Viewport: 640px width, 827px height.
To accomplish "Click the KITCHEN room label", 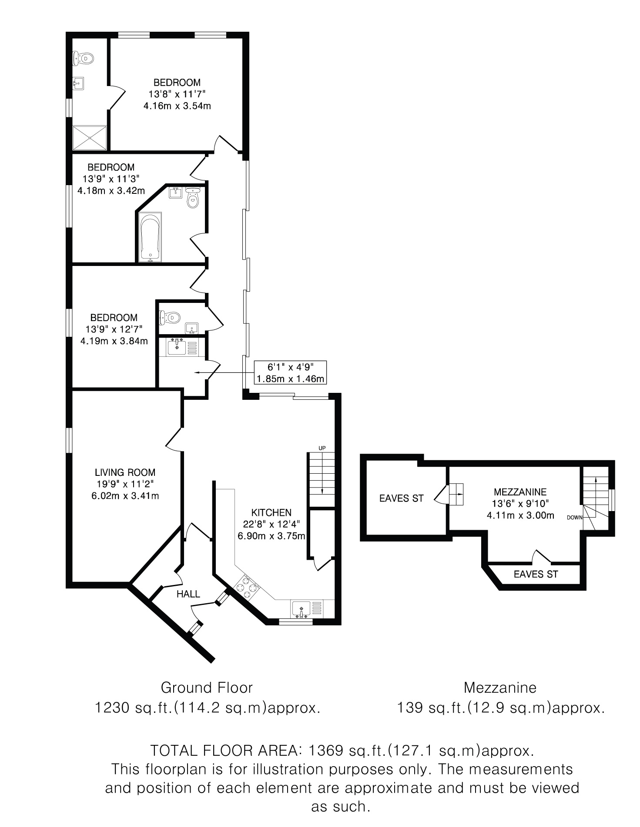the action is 271,512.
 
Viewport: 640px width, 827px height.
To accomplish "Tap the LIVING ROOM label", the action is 125,472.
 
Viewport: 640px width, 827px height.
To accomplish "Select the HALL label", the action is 188,594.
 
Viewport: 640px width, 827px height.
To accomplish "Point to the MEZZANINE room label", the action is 520,492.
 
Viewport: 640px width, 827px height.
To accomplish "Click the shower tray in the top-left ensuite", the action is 90,137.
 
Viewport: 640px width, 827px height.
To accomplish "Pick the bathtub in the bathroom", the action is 150,237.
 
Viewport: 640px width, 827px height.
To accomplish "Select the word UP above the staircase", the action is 322,448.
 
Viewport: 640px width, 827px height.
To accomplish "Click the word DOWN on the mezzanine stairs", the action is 574,518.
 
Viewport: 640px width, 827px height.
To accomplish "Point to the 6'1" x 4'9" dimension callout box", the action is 291,372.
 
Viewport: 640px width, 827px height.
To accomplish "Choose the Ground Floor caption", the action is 207,688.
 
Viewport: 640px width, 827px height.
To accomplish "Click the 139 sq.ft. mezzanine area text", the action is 500,708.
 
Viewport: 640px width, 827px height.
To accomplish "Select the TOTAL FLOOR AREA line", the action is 342,751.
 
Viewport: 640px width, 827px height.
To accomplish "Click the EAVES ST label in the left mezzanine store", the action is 401,498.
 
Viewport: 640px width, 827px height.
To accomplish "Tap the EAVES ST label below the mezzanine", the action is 536,574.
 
